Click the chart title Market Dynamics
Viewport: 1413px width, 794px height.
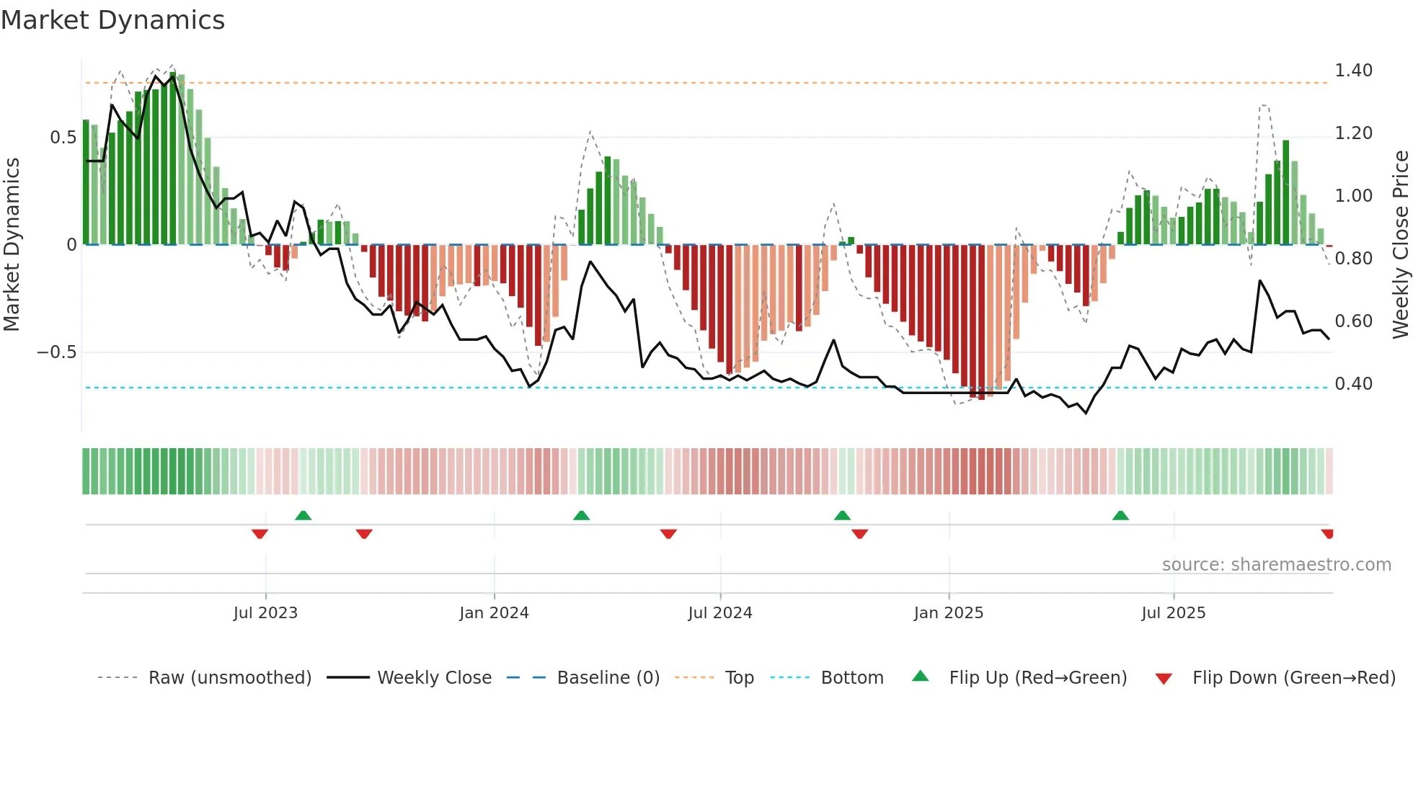[113, 20]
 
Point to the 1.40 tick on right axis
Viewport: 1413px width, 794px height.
[1353, 71]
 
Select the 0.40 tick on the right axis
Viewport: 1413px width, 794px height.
[1353, 384]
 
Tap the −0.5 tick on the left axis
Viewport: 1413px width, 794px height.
[56, 352]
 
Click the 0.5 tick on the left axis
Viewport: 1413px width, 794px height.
[63, 138]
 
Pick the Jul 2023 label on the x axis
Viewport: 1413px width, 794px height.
[265, 613]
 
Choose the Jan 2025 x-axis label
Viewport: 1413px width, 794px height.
[948, 613]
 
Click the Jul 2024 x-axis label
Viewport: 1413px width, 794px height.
[719, 613]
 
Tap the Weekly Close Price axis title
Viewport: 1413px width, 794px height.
[1400, 244]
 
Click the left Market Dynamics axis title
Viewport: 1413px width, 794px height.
[12, 244]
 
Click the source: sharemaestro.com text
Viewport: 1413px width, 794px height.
[1276, 565]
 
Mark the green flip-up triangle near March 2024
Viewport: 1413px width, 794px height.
[581, 516]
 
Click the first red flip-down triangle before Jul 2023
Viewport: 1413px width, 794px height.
[260, 534]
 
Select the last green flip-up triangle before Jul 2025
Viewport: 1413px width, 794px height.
[1120, 516]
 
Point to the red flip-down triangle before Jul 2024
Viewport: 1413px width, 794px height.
[668, 534]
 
